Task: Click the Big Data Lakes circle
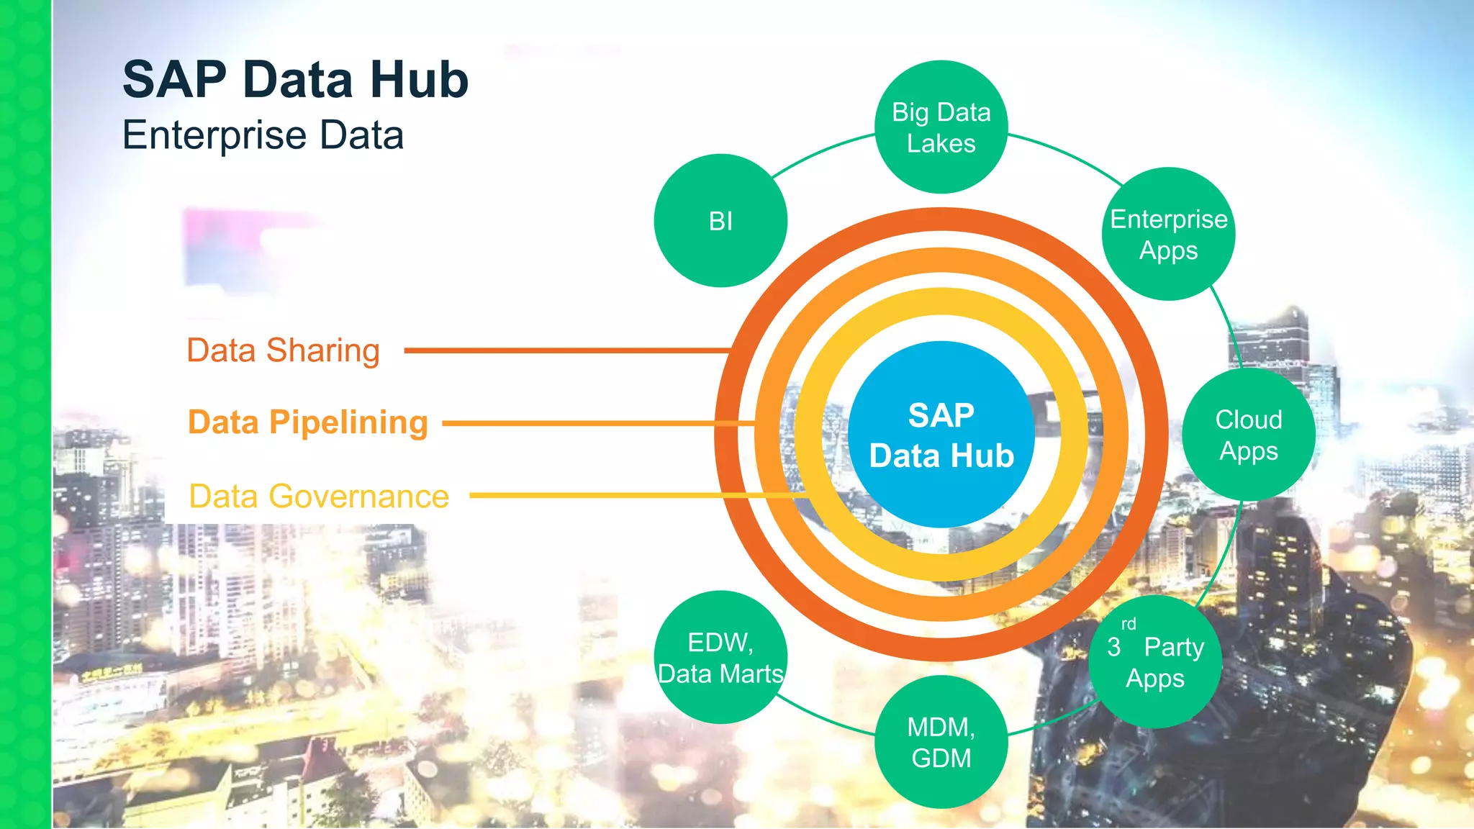coord(941,127)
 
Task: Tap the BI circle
coord(720,220)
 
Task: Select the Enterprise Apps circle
coord(1168,234)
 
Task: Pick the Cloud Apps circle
coord(1249,435)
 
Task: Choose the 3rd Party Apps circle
coord(1155,661)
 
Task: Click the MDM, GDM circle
coord(941,742)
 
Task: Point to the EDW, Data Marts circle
coord(720,657)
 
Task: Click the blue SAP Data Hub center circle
coord(941,435)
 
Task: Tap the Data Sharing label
coord(283,350)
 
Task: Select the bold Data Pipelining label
coord(308,422)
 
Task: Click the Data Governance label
coord(319,497)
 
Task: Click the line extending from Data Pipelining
coord(597,423)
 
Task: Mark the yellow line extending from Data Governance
coord(633,495)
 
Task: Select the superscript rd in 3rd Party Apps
coord(1129,624)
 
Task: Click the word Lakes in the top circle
coord(941,143)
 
